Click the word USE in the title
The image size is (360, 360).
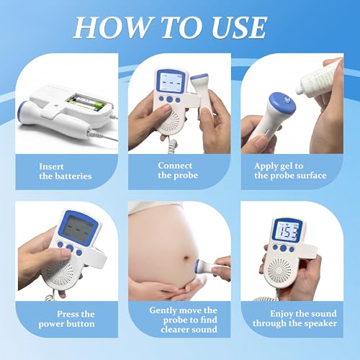pyautogui.click(x=239, y=27)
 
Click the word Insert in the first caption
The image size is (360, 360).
pyautogui.click(x=51, y=166)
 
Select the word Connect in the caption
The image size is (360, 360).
pyautogui.click(x=175, y=166)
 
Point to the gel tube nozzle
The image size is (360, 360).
pyautogui.click(x=300, y=91)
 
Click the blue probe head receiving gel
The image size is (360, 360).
pyautogui.click(x=282, y=104)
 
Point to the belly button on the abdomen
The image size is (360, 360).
pyautogui.click(x=186, y=258)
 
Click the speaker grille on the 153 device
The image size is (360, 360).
pyautogui.click(x=279, y=271)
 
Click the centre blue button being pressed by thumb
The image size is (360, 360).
pyautogui.click(x=70, y=248)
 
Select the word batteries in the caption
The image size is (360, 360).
pyautogui.click(x=74, y=176)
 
